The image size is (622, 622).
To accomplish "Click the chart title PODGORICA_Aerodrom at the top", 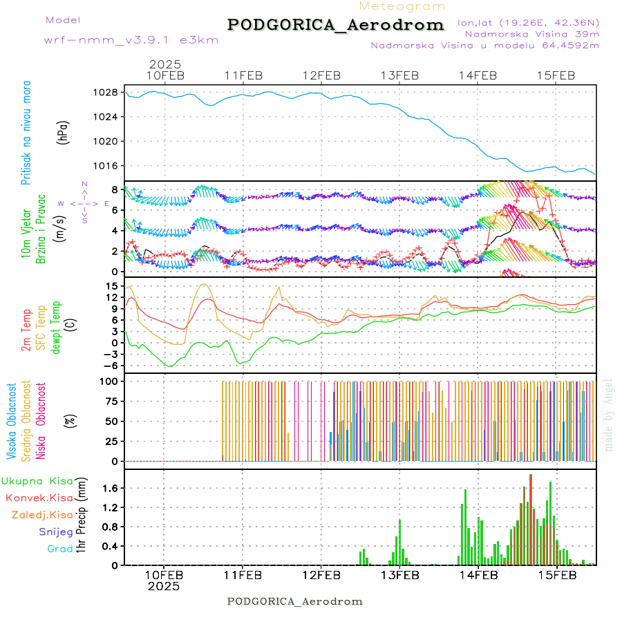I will [335, 25].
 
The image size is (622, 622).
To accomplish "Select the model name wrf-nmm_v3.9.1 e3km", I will [131, 40].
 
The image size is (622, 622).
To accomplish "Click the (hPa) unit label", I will [63, 132].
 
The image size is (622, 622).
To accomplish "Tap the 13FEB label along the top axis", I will [401, 75].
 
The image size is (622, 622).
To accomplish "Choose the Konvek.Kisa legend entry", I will [39, 498].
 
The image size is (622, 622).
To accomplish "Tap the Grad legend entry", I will [59, 549].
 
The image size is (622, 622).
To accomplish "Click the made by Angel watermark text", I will [609, 415].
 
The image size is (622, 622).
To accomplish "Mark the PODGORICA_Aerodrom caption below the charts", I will [294, 601].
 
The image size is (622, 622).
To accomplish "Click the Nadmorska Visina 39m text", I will [531, 33].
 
